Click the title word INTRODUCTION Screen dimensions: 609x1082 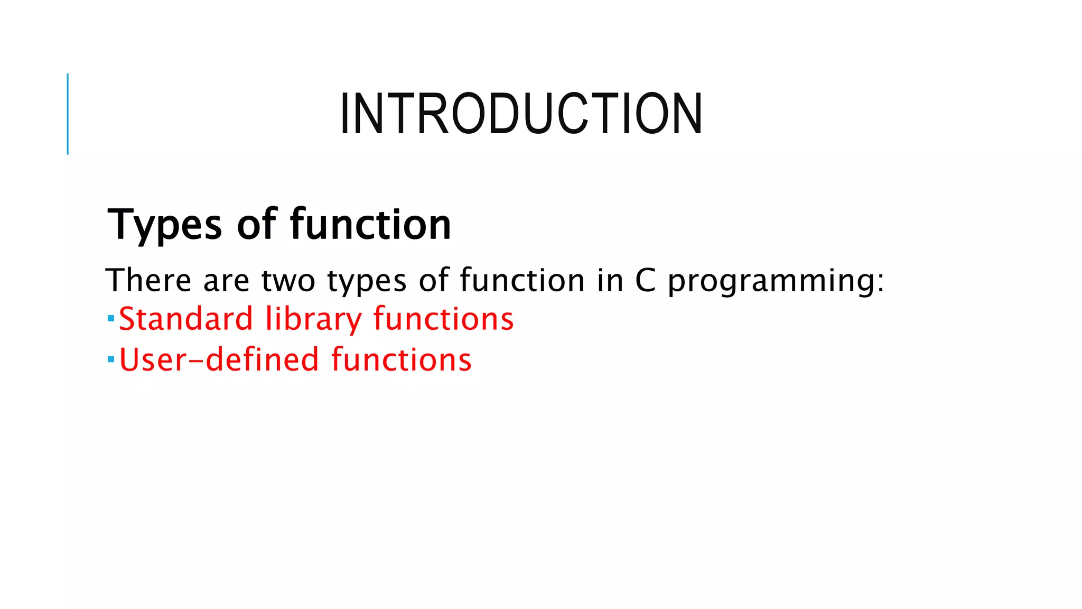coord(520,114)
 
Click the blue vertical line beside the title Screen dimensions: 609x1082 coord(68,114)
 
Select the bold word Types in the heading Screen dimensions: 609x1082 coord(164,225)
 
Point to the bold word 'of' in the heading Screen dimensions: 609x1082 coord(257,224)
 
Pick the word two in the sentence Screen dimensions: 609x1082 coord(288,280)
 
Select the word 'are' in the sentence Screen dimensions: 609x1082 coord(226,281)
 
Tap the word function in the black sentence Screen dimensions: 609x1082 coord(522,280)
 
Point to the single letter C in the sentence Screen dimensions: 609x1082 coord(645,280)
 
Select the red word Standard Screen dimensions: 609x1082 coord(185,319)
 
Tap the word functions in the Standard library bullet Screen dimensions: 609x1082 coord(443,319)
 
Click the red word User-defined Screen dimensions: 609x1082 coord(219,360)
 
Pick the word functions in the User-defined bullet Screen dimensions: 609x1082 coord(401,360)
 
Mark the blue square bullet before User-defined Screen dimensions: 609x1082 coord(110,359)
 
